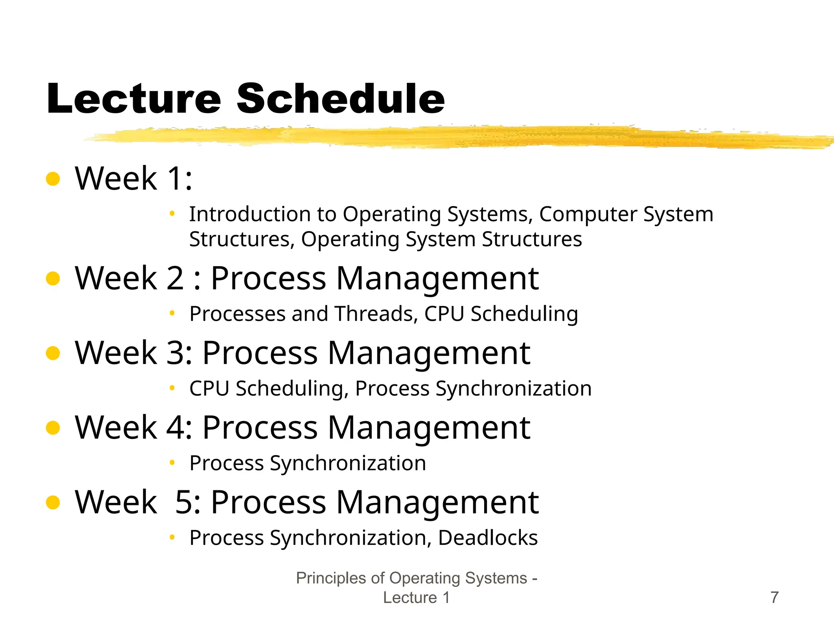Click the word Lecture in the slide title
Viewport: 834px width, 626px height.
[134, 99]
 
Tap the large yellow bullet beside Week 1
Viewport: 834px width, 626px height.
[53, 179]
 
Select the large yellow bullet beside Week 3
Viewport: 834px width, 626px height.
[53, 353]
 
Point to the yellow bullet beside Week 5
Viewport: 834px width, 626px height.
[53, 502]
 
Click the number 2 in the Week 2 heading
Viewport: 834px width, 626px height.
[176, 278]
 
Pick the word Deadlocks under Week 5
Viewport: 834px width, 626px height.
[487, 538]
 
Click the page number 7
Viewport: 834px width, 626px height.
[775, 597]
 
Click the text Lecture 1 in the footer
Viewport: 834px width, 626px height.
[416, 597]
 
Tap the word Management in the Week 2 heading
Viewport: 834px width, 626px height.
[437, 278]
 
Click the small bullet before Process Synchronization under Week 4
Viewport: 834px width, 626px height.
[172, 463]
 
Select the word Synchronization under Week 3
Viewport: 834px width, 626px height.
[514, 389]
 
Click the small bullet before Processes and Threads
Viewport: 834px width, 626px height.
[172, 313]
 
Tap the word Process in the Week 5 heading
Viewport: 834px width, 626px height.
[268, 502]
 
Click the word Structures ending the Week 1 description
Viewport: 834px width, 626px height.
[531, 239]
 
